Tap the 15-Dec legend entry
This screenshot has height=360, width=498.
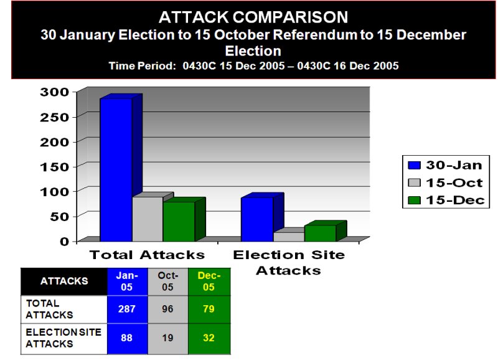click(446, 200)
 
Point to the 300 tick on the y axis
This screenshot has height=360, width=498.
click(54, 92)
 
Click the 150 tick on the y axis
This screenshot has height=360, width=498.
click(54, 167)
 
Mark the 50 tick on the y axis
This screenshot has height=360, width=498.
click(59, 217)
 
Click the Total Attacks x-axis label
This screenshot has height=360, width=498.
click(147, 255)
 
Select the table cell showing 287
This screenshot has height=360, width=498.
click(128, 309)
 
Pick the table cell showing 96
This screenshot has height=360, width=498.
click(168, 309)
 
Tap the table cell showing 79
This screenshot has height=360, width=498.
click(209, 309)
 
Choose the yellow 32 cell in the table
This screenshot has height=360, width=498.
click(209, 338)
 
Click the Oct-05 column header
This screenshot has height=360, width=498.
click(168, 282)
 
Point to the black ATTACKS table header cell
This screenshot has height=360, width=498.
click(64, 282)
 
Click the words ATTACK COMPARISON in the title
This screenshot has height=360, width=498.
click(253, 17)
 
